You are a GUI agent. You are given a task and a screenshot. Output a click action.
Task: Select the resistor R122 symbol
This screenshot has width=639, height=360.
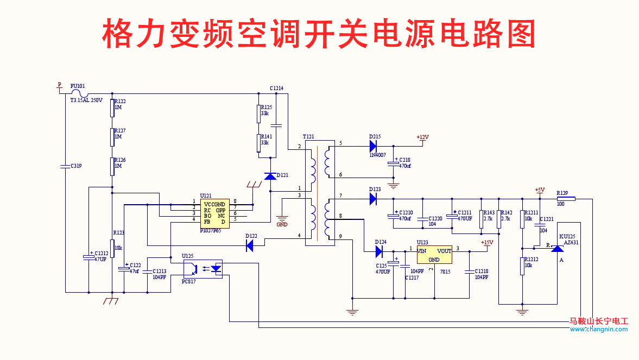112,108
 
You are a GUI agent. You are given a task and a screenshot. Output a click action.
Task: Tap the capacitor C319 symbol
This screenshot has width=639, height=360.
65,166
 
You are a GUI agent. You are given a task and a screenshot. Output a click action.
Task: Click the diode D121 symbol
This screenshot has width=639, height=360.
270,176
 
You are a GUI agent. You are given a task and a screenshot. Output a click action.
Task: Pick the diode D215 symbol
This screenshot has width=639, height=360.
374,146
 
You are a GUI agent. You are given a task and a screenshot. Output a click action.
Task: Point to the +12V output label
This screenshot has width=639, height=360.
422,137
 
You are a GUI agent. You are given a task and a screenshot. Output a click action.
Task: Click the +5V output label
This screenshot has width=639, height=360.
539,190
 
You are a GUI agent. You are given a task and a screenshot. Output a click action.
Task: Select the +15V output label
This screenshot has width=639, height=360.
486,242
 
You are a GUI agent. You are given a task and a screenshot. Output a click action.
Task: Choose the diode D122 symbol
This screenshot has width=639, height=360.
250,246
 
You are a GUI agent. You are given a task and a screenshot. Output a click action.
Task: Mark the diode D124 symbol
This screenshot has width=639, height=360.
379,251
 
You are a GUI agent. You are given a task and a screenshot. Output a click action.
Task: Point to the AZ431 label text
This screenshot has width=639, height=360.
571,243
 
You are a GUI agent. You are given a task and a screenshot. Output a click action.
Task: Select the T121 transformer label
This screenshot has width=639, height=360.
308,136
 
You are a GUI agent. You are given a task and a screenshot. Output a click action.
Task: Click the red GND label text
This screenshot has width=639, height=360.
282,224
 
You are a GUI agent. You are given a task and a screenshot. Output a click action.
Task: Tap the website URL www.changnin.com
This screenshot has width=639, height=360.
598,329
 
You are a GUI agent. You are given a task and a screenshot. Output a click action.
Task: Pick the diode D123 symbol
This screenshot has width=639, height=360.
374,199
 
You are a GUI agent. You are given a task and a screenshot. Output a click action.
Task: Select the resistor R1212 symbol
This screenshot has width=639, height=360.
522,266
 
